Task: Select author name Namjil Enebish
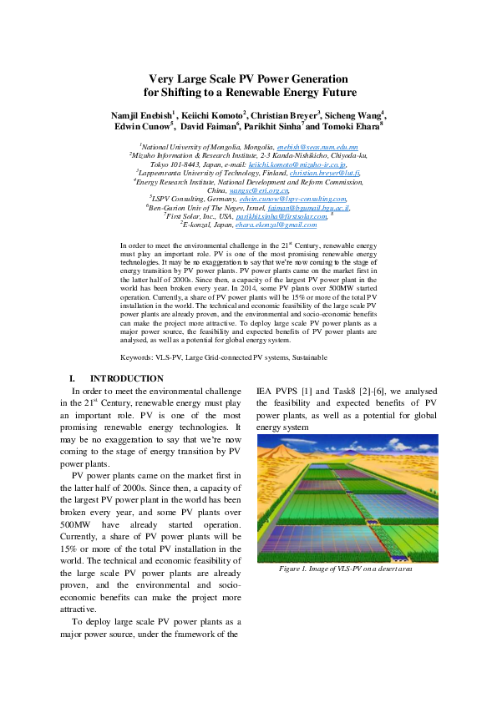140,114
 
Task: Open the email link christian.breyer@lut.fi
325,172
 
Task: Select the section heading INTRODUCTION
126,378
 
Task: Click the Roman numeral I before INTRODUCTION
73,378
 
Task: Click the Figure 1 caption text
346,568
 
